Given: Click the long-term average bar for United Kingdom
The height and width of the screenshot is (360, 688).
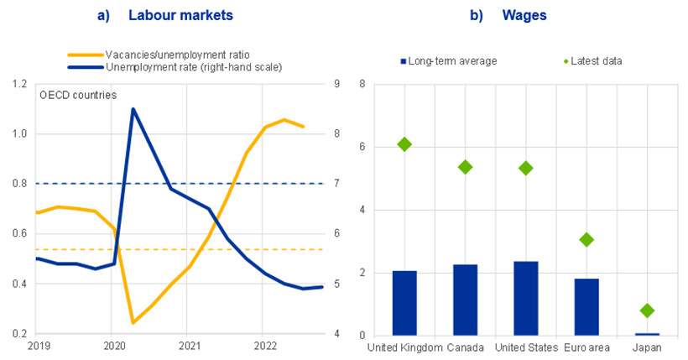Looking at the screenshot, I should (x=404, y=303).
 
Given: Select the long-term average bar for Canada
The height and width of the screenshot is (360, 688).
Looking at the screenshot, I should (x=465, y=300).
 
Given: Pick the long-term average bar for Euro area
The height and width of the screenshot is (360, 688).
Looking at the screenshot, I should (x=586, y=306).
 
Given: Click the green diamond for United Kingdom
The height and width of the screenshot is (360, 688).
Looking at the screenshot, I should (x=404, y=144).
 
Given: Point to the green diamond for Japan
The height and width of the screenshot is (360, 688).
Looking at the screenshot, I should (x=647, y=310).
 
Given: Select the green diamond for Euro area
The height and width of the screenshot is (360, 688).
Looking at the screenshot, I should (x=586, y=240).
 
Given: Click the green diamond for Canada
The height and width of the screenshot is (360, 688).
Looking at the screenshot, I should (x=465, y=167).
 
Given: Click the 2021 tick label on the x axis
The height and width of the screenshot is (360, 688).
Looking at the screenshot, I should (x=190, y=345).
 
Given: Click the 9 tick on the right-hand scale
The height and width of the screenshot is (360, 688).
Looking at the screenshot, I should (x=336, y=84).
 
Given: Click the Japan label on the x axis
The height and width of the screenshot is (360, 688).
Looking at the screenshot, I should (x=647, y=347).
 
